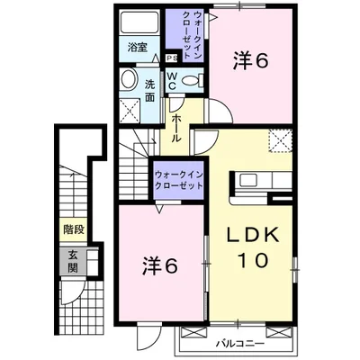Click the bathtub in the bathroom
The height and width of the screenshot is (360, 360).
click(139, 22)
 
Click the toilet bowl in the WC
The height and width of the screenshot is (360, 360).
click(190, 80)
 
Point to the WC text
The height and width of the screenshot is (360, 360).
click(173, 79)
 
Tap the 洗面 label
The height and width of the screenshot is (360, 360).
click(150, 90)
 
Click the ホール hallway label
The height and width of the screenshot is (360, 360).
click(177, 127)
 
